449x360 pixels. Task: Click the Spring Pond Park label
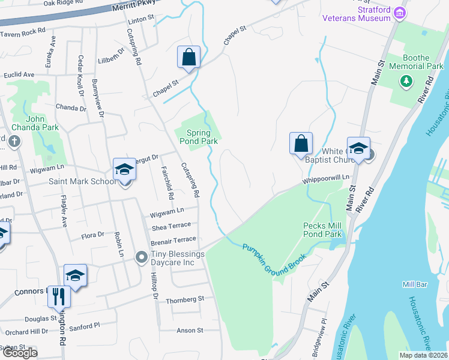[x=198, y=137]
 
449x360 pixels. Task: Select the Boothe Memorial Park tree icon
[x=406, y=80]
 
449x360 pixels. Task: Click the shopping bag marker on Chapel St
[x=188, y=58]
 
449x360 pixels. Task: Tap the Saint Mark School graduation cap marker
[x=124, y=169]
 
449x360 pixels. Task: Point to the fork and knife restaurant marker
[x=59, y=296]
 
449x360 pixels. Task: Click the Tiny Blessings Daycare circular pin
[x=141, y=257]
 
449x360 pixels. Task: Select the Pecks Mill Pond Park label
[x=322, y=229]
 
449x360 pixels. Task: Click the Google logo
[x=20, y=353]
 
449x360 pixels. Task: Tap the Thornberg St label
[x=185, y=298]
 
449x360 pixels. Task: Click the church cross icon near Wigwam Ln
[x=15, y=142]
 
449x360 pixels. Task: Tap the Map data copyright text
[x=424, y=355]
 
